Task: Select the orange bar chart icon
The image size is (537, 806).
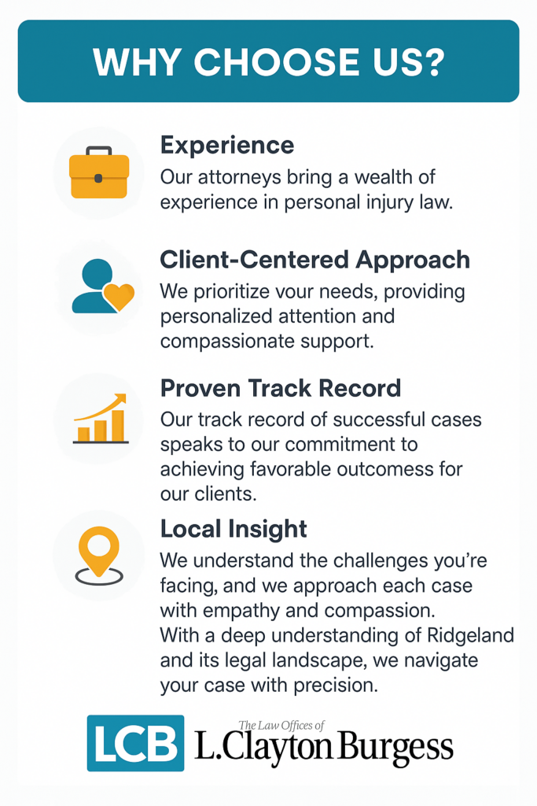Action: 101,419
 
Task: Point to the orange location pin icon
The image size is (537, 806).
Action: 99,556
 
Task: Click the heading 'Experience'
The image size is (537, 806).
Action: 227,146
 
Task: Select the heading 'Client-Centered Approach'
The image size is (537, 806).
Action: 314,260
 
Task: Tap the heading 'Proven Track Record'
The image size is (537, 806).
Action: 281,388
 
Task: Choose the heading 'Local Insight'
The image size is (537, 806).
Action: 234,529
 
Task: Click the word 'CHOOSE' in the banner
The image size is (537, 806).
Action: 277,62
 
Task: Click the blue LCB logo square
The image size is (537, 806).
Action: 135,743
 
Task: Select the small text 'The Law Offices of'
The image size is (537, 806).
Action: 281,725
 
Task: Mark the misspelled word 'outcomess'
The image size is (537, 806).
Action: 393,469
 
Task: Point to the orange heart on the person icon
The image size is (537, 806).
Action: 119,296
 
